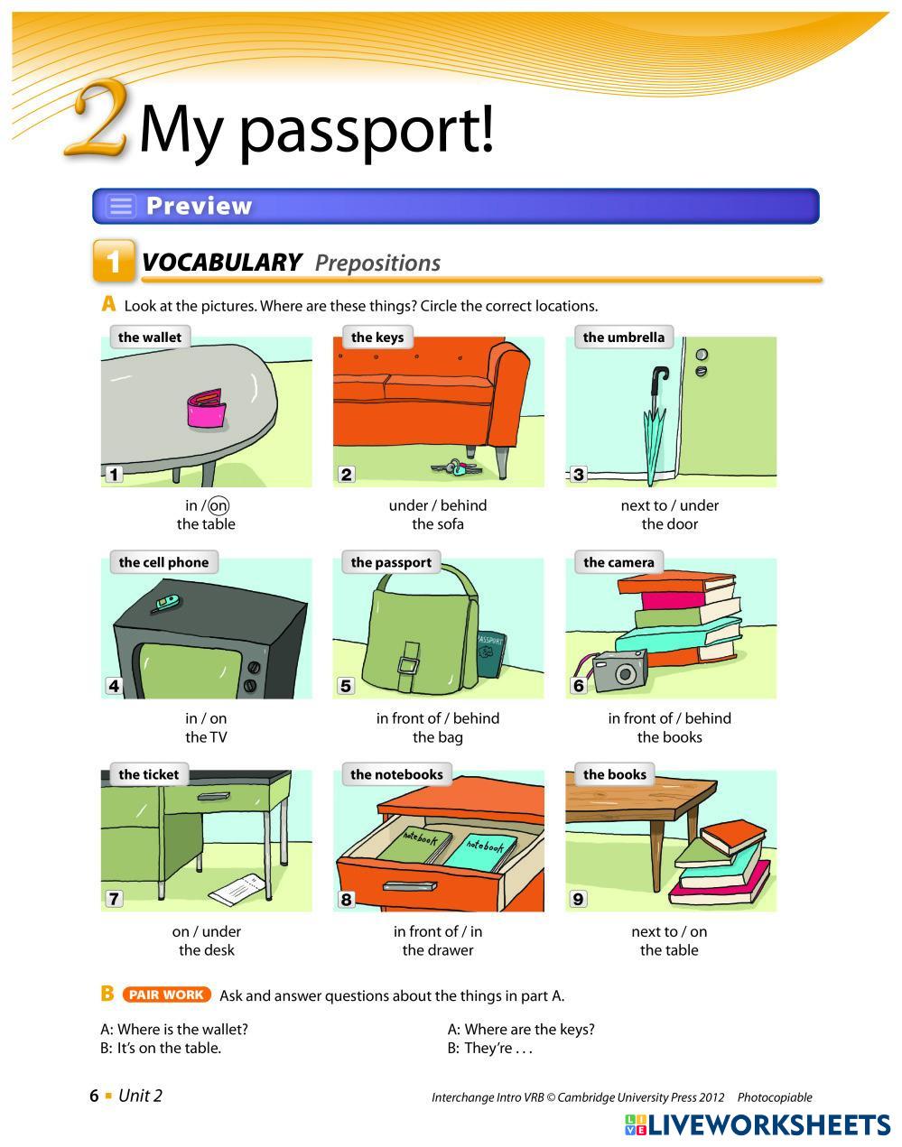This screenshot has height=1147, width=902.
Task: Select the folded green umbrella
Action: click(x=654, y=423)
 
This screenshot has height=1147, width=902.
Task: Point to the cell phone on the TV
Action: click(x=168, y=603)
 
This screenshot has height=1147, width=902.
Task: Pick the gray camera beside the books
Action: click(x=619, y=671)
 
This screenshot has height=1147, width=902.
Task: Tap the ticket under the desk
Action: click(x=237, y=890)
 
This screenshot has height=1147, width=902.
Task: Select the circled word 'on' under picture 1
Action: click(x=219, y=505)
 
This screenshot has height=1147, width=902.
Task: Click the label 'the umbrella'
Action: click(x=623, y=338)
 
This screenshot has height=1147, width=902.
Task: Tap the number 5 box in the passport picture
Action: click(x=346, y=686)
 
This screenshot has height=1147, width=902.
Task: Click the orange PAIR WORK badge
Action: click(x=166, y=994)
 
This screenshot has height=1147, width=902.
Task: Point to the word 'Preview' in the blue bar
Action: click(x=200, y=206)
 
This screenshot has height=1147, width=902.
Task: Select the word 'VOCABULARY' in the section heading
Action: click(x=221, y=263)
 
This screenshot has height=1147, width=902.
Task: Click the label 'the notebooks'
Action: click(x=396, y=774)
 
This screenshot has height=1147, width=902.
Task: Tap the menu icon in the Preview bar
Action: click(x=121, y=206)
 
